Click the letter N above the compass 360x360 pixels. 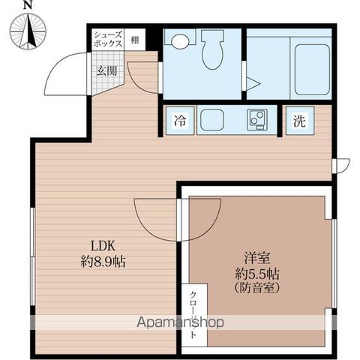pyautogui.click(x=28, y=5)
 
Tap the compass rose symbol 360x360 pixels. pyautogui.click(x=28, y=31)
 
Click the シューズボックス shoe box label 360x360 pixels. pyautogui.click(x=108, y=40)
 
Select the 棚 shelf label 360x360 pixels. pyautogui.click(x=135, y=40)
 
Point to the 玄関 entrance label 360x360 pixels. pyautogui.click(x=107, y=71)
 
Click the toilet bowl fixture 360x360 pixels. pyautogui.click(x=212, y=49)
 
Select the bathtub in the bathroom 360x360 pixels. pyautogui.click(x=312, y=70)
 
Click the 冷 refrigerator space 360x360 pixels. pyautogui.click(x=180, y=121)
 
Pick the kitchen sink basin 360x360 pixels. pyautogui.click(x=212, y=121)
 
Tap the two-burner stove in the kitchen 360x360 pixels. pyautogui.click(x=257, y=120)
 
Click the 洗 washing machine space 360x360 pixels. pyautogui.click(x=300, y=121)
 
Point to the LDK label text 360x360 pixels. pyautogui.click(x=103, y=247)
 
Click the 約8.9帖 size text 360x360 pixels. pyautogui.click(x=103, y=262)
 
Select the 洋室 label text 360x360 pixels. pyautogui.click(x=257, y=259)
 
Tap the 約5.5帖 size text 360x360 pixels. pyautogui.click(x=257, y=274)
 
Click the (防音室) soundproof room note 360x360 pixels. pyautogui.click(x=257, y=288)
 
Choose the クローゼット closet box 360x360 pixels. pyautogui.click(x=194, y=315)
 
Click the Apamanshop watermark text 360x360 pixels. pyautogui.click(x=180, y=322)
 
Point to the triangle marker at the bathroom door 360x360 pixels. pyautogui.click(x=253, y=84)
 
